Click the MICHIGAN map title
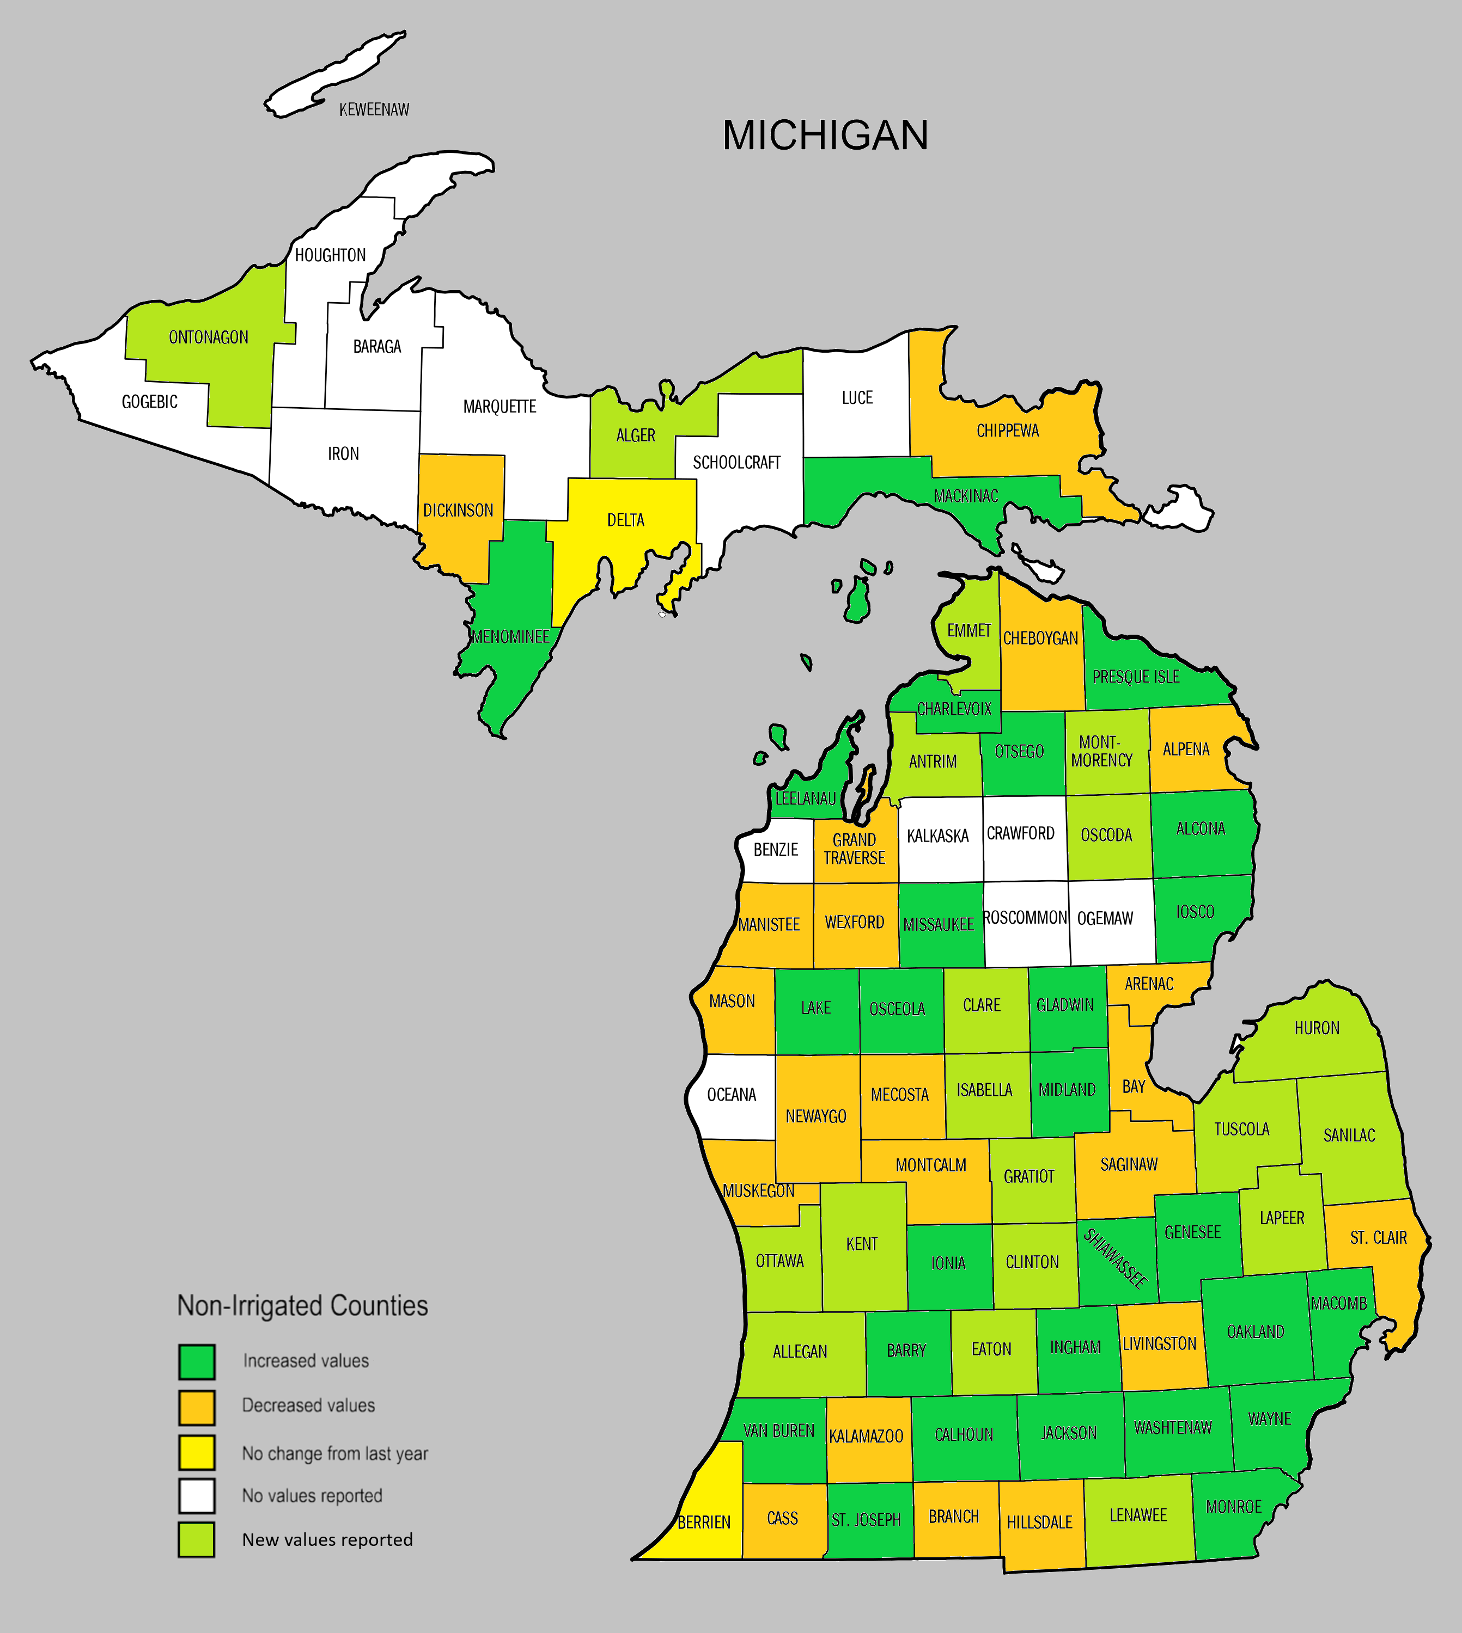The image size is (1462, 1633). click(825, 135)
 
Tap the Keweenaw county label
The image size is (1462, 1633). click(374, 110)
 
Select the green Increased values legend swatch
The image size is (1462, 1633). click(197, 1361)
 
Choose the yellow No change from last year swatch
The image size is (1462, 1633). click(197, 1452)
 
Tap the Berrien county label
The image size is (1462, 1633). click(704, 1522)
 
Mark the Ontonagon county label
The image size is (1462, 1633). click(208, 337)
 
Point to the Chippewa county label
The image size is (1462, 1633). click(1007, 431)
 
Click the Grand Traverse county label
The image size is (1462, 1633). click(854, 849)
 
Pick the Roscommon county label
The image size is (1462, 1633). click(1025, 917)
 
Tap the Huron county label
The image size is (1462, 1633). click(1317, 1028)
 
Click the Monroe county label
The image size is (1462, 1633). click(1234, 1507)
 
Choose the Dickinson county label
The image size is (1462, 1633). click(458, 511)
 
